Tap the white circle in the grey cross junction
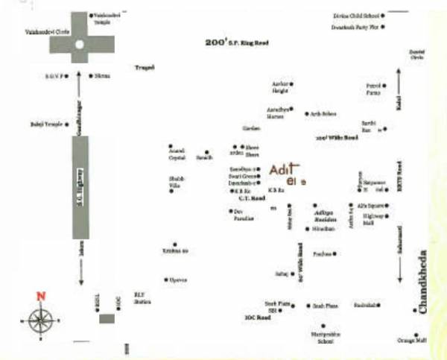80,45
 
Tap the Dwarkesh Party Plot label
355,27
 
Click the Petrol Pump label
373,90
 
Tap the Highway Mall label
372,219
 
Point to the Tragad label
143,68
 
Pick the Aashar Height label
280,87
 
